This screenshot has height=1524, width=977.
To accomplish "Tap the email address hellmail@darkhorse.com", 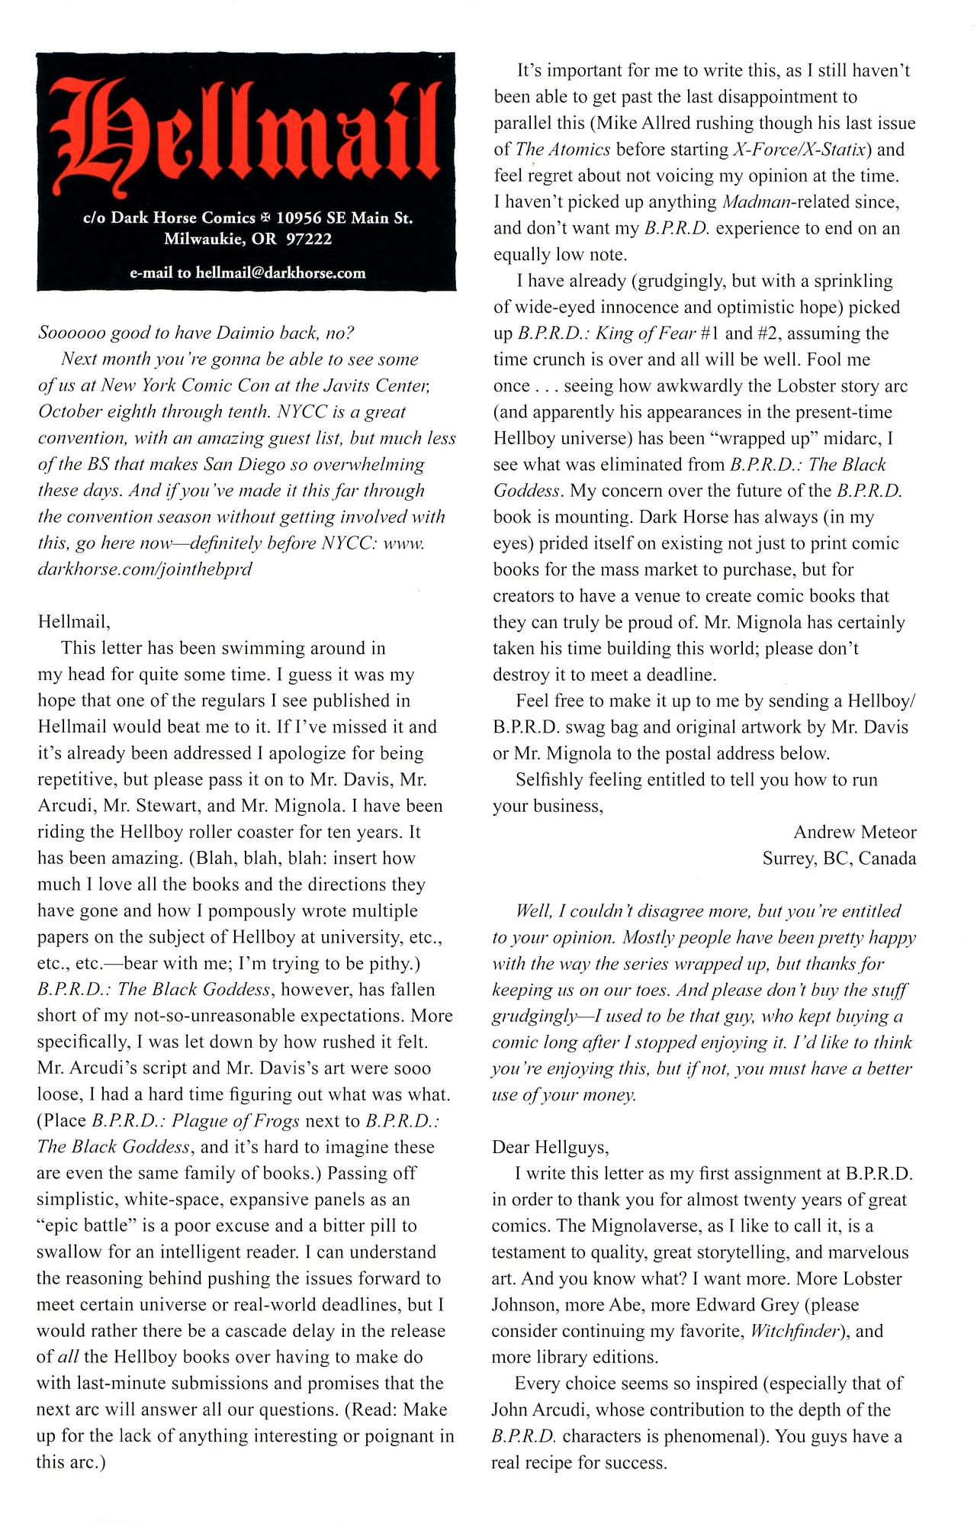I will (x=281, y=273).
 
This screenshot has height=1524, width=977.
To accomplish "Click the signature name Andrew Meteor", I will (x=854, y=832).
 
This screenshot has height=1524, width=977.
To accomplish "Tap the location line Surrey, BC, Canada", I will (x=839, y=859).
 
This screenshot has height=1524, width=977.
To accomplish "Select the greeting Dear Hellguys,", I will (x=550, y=1147).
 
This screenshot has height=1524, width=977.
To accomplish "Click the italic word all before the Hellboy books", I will (x=69, y=1358).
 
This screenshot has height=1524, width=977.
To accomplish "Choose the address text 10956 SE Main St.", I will (x=344, y=217).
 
